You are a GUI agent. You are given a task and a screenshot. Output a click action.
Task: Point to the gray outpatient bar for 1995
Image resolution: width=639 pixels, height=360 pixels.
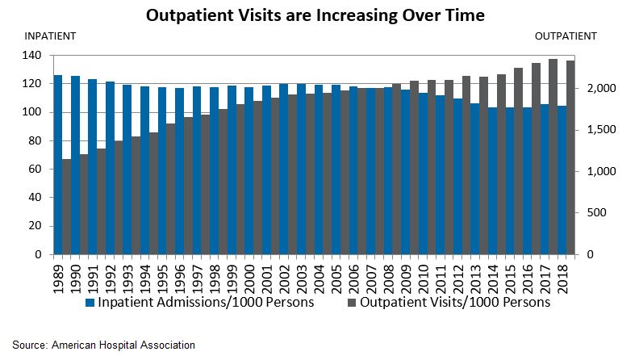170,189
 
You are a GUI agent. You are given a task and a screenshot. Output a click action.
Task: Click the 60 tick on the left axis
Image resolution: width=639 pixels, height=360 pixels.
35,170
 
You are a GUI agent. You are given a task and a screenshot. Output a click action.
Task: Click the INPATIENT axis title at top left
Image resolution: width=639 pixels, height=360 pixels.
51,36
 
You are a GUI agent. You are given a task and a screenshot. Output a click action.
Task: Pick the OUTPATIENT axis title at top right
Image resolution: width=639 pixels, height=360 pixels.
566,36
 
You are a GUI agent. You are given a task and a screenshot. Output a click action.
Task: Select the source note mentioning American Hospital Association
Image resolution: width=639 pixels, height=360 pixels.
103,345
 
